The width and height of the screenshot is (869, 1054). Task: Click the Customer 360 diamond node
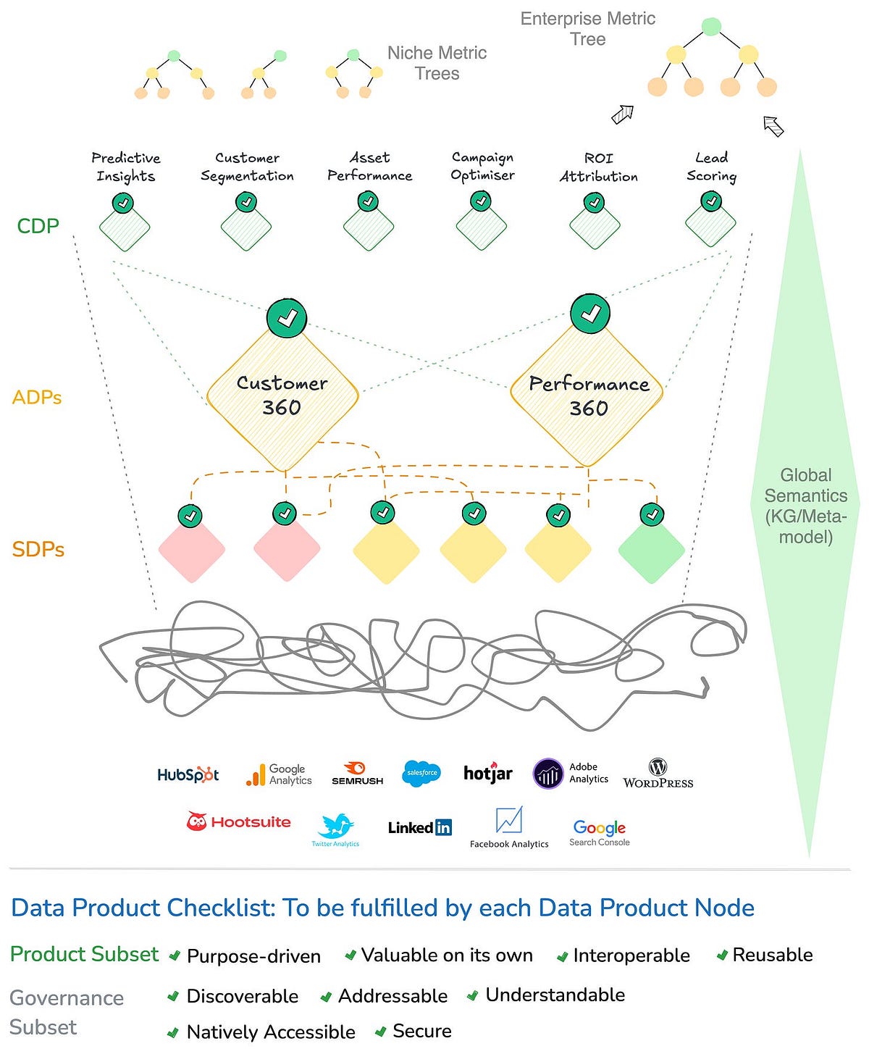click(282, 396)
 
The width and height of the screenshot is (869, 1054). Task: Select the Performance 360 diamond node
click(587, 396)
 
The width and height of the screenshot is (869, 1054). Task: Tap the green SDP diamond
click(651, 550)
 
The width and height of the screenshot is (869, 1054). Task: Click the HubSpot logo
click(188, 775)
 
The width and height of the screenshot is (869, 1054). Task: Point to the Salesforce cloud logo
click(421, 773)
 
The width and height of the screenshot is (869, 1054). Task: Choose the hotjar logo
click(487, 773)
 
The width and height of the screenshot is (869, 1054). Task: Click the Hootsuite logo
click(238, 822)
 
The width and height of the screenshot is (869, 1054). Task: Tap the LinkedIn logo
click(419, 827)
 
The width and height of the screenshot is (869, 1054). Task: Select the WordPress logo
click(658, 774)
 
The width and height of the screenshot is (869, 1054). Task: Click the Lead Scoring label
click(711, 167)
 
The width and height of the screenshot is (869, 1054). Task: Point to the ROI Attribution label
click(598, 167)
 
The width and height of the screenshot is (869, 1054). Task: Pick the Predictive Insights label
click(126, 167)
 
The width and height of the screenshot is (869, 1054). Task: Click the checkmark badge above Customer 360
click(287, 317)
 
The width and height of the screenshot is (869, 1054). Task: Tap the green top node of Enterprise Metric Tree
click(711, 28)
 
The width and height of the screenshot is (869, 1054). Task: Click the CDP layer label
click(38, 226)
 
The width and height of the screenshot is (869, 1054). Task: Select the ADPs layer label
click(37, 397)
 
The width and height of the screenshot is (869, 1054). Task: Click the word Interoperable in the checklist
click(631, 955)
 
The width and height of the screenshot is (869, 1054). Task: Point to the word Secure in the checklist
click(421, 1031)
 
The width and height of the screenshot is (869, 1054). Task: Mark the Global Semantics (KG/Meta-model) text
click(805, 506)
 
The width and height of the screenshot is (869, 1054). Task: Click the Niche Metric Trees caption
click(437, 63)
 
